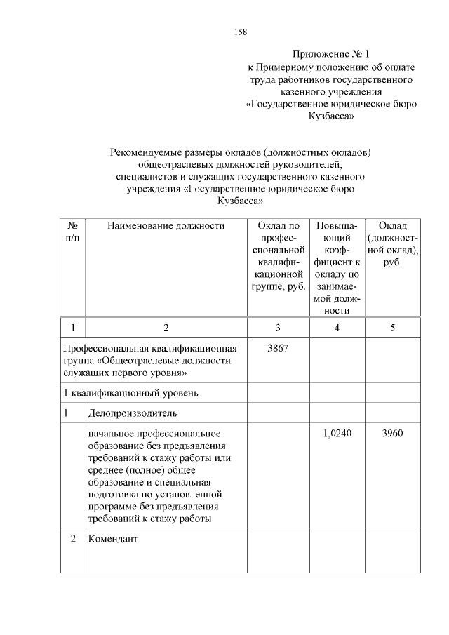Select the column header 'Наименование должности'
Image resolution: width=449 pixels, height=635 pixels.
pyautogui.click(x=166, y=226)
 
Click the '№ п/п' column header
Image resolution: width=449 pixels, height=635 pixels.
pyautogui.click(x=72, y=232)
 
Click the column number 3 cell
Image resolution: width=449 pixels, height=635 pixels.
pyautogui.click(x=278, y=328)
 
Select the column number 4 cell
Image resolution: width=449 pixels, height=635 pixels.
pyautogui.click(x=337, y=328)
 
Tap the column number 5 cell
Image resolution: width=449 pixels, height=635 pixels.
pyautogui.click(x=392, y=328)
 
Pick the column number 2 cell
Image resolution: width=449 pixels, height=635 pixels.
pyautogui.click(x=166, y=328)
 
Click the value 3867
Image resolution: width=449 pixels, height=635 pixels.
pyautogui.click(x=278, y=348)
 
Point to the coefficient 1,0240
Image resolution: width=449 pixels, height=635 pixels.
pyautogui.click(x=337, y=434)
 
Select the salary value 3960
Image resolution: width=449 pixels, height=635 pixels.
pyautogui.click(x=392, y=434)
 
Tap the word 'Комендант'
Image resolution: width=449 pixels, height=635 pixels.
pyautogui.click(x=114, y=540)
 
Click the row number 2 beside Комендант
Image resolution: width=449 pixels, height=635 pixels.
pyautogui.click(x=72, y=540)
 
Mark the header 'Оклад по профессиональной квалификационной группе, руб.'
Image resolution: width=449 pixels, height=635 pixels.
pyautogui.click(x=278, y=258)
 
